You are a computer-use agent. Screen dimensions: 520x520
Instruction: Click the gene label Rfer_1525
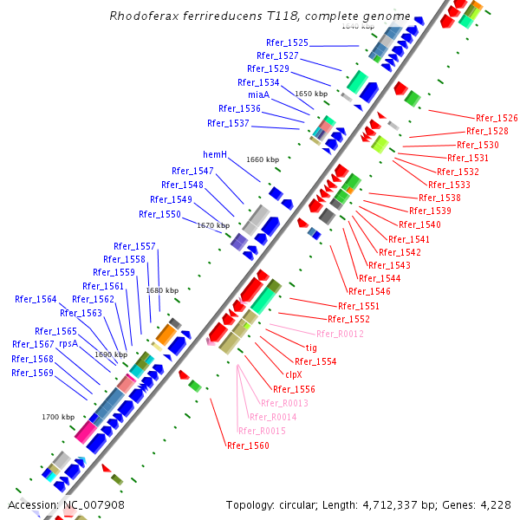coord(287,42)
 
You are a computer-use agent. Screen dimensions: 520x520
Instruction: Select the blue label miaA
coord(258,94)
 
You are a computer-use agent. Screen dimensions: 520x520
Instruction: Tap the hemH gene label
coord(215,154)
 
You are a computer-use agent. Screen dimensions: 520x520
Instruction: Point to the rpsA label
coord(68,343)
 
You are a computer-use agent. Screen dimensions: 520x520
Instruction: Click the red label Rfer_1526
coord(497,118)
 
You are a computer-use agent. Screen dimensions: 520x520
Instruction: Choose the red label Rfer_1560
coord(248,445)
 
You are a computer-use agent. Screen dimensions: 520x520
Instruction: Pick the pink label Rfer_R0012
coord(340,334)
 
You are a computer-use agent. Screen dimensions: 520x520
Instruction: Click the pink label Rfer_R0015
coord(261,431)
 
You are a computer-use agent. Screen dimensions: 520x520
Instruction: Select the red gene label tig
coord(311,348)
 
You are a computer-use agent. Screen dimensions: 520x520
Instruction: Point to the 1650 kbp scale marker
coord(311,94)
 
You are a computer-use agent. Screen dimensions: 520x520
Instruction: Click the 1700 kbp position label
coord(58,417)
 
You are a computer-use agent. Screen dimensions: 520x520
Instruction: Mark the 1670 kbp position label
coord(213,225)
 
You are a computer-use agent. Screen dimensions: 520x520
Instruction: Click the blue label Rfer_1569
coord(32,373)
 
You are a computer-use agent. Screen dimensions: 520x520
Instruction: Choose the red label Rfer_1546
coord(369,292)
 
